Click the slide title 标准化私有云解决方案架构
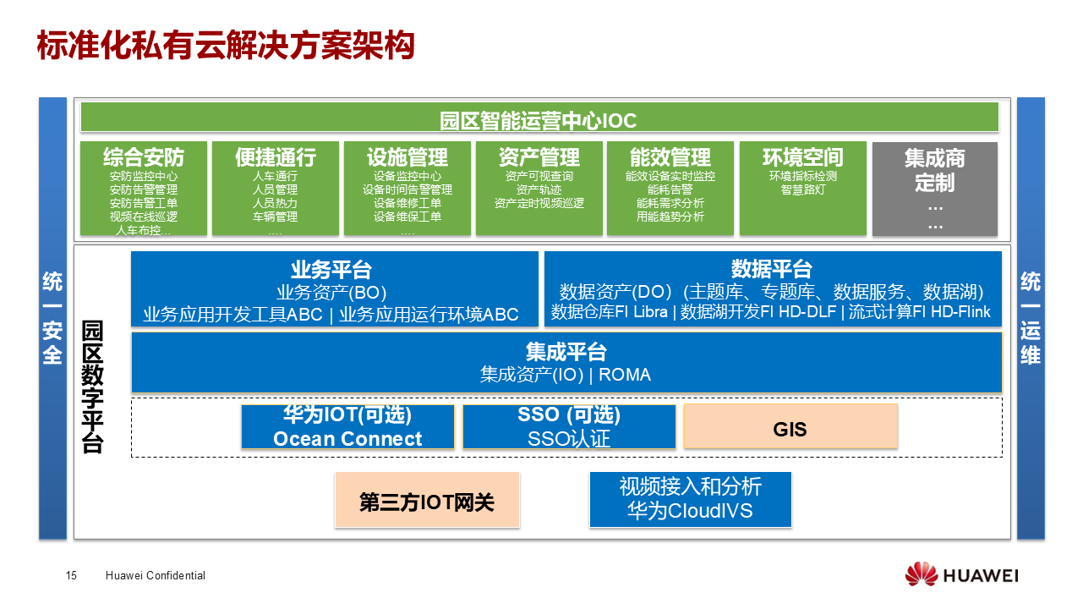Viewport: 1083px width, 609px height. point(226,47)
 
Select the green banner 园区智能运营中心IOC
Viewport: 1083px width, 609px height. point(539,118)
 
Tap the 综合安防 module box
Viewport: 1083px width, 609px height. point(143,188)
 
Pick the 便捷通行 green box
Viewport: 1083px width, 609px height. point(275,188)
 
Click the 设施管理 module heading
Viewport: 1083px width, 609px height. point(407,158)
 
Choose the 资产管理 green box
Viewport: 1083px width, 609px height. point(539,188)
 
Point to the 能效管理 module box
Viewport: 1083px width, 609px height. point(670,188)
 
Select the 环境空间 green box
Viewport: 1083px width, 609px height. point(802,188)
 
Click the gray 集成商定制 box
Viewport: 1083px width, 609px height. point(934,188)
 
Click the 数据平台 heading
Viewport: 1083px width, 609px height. point(771,270)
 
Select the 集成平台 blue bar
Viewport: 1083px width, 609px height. point(566,362)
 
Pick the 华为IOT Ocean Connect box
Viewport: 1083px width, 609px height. point(347,426)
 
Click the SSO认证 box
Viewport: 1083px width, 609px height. point(569,426)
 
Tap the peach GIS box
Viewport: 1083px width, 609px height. point(790,426)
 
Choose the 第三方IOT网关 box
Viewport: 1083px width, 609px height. point(427,500)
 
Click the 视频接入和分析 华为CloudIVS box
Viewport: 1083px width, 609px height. point(690,499)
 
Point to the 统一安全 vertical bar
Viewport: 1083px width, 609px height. point(52,318)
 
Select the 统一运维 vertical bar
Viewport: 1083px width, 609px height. point(1030,318)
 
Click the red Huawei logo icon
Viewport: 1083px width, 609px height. point(921,575)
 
